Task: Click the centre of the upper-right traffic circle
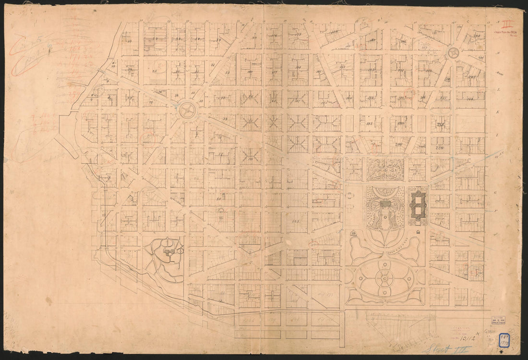[x=453, y=52]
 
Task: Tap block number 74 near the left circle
[x=224, y=119]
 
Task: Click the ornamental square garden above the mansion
[x=385, y=168]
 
